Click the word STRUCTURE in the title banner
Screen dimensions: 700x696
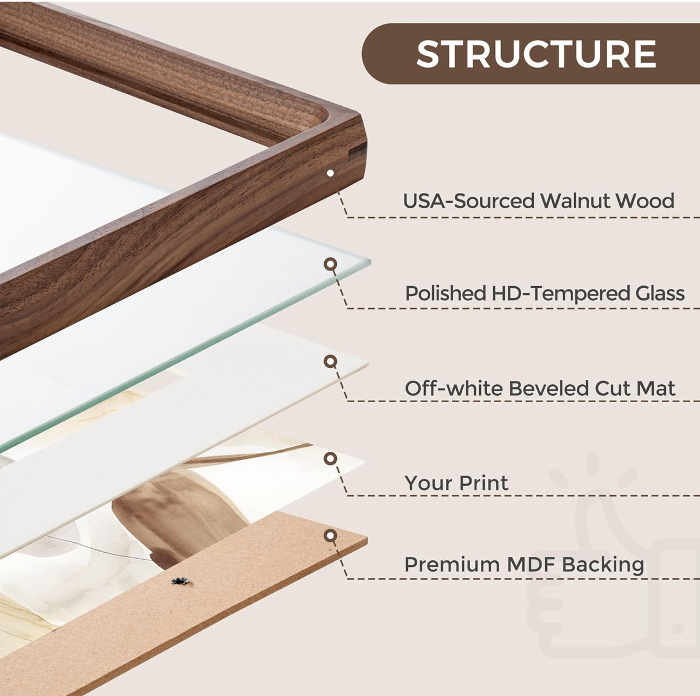click(x=536, y=54)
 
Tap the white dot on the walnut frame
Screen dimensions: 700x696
click(x=330, y=173)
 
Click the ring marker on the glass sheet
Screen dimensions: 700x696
click(x=330, y=264)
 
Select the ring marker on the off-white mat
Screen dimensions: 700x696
click(x=330, y=361)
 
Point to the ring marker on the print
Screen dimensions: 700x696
click(x=330, y=459)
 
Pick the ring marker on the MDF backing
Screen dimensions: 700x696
click(x=330, y=535)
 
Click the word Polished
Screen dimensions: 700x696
click(x=445, y=293)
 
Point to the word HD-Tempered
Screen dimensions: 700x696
click(x=560, y=294)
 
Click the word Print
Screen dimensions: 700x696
click(x=484, y=483)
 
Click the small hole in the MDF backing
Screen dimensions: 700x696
click(x=180, y=581)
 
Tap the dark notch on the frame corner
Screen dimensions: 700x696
click(x=358, y=152)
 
